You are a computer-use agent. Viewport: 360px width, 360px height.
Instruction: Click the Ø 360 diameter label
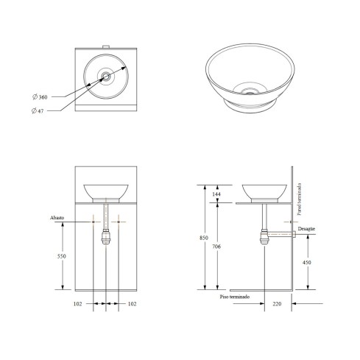point(42,97)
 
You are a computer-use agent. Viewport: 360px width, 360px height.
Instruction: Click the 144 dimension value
point(216,194)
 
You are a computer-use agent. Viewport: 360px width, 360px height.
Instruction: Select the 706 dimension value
point(216,248)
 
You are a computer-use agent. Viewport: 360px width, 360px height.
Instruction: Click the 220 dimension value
point(278,303)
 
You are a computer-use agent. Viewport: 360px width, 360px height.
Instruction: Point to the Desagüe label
point(308,230)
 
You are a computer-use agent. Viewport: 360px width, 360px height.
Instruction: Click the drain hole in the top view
point(107,75)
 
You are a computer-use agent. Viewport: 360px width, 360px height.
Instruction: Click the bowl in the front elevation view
point(107,192)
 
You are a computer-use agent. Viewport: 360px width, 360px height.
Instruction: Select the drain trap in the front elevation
point(107,236)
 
